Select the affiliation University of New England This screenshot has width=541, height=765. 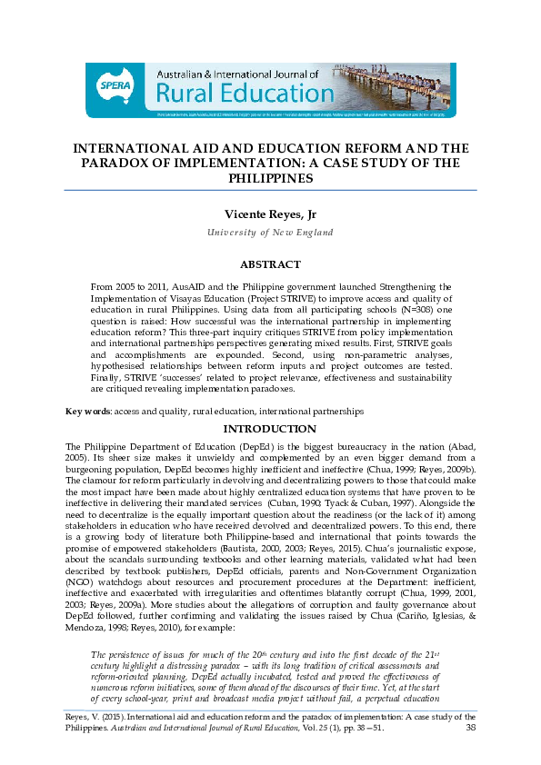tap(270, 233)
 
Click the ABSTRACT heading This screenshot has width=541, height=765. tap(270, 264)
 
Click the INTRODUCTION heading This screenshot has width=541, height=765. tap(270, 429)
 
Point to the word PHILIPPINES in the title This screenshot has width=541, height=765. tap(270, 179)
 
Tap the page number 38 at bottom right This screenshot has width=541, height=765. tap(470, 752)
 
